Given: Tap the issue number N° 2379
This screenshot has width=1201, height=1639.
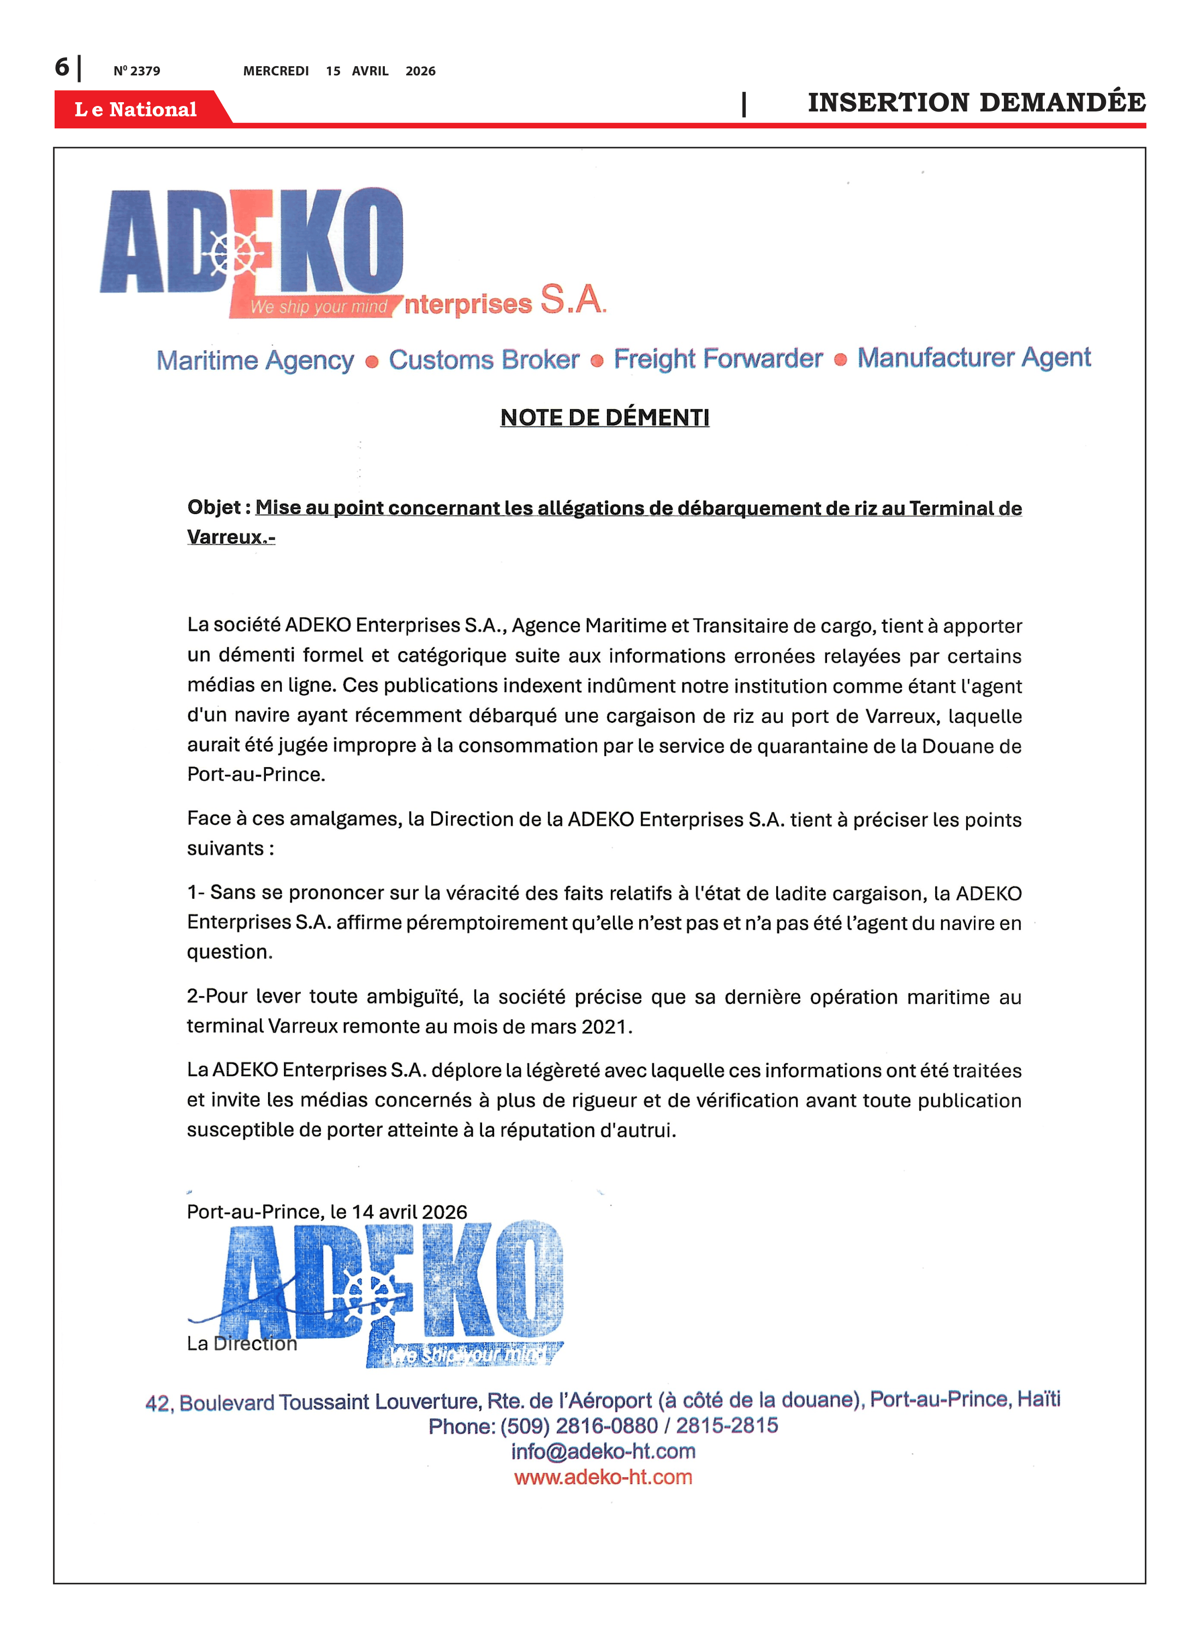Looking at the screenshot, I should [x=136, y=71].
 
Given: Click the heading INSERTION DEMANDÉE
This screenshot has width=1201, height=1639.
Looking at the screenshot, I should [x=976, y=103].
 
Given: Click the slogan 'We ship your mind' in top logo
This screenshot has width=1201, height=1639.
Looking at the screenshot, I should [x=318, y=307].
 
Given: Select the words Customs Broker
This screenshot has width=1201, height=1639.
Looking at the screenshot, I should [x=484, y=359].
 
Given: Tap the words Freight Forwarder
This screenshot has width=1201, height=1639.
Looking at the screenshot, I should [x=717, y=358].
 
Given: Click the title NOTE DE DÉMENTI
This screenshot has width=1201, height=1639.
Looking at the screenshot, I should [x=604, y=417].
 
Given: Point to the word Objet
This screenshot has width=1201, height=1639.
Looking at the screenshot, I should [x=214, y=507].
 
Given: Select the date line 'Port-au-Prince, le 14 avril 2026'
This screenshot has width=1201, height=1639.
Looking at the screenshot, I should [x=326, y=1212].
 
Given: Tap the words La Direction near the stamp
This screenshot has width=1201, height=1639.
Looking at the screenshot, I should [x=241, y=1343].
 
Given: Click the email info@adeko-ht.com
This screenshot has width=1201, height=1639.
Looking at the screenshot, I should [x=603, y=1451].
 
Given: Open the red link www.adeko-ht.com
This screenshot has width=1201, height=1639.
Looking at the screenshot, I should [x=603, y=1477].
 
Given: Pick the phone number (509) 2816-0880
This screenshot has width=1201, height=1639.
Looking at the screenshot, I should [x=578, y=1426].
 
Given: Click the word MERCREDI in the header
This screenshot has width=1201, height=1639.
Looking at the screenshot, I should [x=276, y=71].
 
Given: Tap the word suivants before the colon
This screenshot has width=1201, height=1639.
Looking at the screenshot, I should [x=225, y=848].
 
